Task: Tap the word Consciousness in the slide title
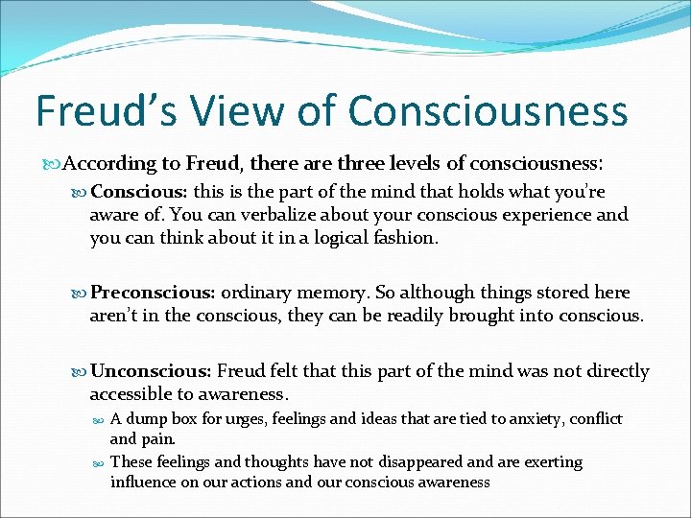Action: coord(488,110)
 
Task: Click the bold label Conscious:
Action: coord(138,192)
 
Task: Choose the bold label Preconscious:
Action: coord(155,293)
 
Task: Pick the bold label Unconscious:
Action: coord(151,371)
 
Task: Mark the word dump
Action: coord(148,419)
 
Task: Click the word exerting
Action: coord(548,461)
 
